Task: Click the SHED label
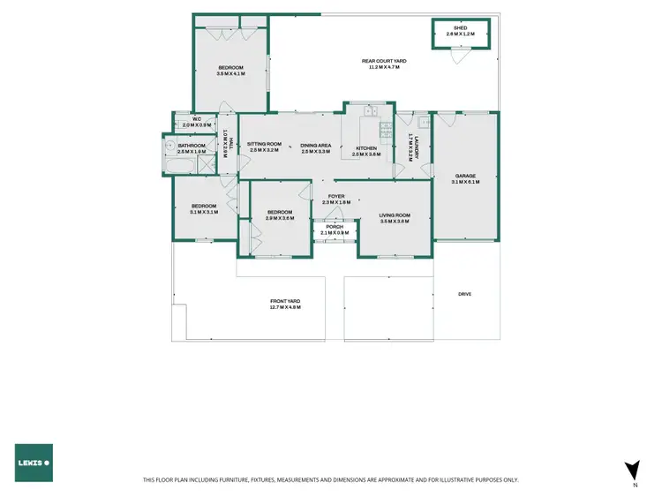click(x=459, y=28)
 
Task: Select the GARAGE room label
click(x=464, y=176)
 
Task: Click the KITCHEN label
click(x=366, y=148)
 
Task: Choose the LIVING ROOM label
click(x=395, y=215)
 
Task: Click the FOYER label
click(x=335, y=196)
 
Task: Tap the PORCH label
click(x=335, y=227)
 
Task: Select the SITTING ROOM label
click(x=264, y=145)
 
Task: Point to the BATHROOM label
click(x=192, y=146)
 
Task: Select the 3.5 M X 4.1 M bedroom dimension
click(x=229, y=74)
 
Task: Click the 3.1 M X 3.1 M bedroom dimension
click(x=203, y=212)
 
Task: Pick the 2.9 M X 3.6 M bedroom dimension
click(x=280, y=218)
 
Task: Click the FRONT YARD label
click(x=285, y=301)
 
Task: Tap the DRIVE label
click(x=465, y=294)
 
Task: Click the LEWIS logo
click(x=34, y=463)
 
